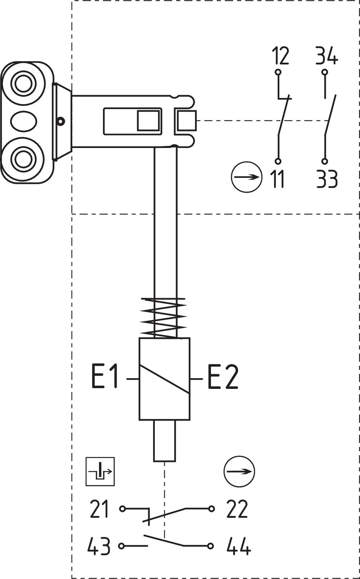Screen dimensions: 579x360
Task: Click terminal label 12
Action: (280, 56)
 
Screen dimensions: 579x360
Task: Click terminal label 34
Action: (327, 56)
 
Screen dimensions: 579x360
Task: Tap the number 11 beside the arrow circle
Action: (278, 179)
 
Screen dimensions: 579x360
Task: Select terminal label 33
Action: (327, 179)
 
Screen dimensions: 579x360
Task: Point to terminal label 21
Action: (99, 509)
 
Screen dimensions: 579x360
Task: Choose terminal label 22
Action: (237, 509)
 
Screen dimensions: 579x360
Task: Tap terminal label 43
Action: (99, 546)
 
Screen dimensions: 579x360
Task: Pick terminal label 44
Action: (239, 546)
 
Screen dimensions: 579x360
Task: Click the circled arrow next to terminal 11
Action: (247, 177)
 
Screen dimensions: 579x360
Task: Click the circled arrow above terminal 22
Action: (239, 472)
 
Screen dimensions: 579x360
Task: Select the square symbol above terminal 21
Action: (100, 472)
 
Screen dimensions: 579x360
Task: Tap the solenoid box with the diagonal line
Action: (165, 379)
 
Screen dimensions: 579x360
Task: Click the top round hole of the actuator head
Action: (24, 84)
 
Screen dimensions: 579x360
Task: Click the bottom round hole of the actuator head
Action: (24, 159)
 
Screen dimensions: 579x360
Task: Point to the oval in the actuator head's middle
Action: (24, 121)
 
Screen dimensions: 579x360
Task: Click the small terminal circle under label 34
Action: (325, 72)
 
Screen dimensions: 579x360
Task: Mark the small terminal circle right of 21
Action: (123, 509)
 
